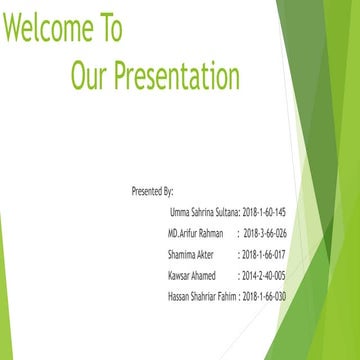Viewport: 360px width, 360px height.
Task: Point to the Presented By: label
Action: tap(152, 189)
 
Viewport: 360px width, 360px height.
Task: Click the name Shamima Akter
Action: tap(191, 254)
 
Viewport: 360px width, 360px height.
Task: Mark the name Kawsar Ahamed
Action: tap(192, 275)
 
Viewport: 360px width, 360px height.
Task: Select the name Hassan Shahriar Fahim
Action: tap(202, 296)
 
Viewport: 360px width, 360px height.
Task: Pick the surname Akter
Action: tap(204, 254)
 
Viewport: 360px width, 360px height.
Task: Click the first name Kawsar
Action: tap(180, 275)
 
